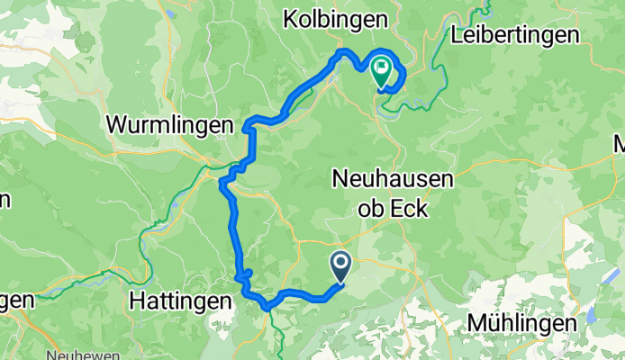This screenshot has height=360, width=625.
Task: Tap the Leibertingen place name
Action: point(515,36)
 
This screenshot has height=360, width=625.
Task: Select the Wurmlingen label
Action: point(170,126)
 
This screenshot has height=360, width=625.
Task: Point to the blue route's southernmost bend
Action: point(266,307)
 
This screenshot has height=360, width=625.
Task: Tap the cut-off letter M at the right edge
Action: point(620,143)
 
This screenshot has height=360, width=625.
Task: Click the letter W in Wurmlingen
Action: point(117,126)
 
